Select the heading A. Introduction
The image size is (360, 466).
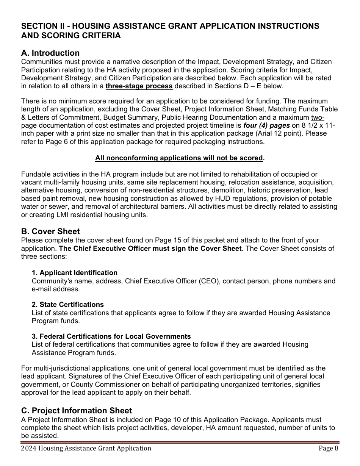click(x=50, y=53)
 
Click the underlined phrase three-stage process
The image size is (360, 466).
click(x=139, y=86)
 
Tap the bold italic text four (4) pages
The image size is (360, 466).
click(x=266, y=125)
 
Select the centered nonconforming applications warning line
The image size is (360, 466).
click(x=180, y=158)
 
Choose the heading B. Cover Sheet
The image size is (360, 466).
click(x=50, y=231)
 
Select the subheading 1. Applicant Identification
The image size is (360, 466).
click(x=74, y=273)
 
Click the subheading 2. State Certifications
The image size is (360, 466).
click(x=67, y=305)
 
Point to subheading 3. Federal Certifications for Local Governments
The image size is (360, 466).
click(x=111, y=336)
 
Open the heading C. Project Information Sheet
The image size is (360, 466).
click(x=77, y=411)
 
